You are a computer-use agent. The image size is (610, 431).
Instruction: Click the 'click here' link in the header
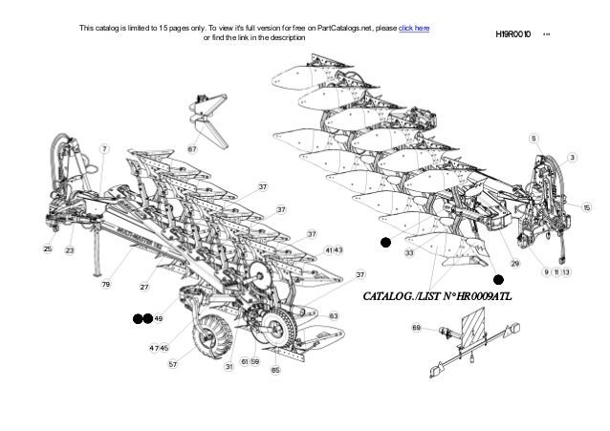[413, 27]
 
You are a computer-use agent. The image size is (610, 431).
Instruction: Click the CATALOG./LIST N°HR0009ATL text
[438, 296]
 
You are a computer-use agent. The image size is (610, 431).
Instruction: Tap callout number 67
[192, 149]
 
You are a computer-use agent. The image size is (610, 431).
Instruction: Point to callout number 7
[103, 149]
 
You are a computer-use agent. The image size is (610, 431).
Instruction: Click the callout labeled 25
[47, 249]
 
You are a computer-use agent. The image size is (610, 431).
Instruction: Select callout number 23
[69, 249]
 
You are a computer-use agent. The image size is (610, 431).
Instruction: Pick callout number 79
[107, 285]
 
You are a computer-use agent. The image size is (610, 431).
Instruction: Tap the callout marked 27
[145, 287]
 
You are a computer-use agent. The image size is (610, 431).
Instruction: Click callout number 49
[159, 318]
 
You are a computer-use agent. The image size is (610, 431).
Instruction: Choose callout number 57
[173, 364]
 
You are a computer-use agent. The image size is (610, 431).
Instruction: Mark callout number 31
[229, 366]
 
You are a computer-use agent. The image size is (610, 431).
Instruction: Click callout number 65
[275, 369]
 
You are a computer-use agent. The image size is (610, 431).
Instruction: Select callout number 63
[334, 315]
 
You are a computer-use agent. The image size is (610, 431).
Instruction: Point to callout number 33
[408, 253]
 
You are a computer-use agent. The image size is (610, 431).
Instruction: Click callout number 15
[588, 207]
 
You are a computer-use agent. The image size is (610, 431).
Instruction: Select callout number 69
[417, 328]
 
